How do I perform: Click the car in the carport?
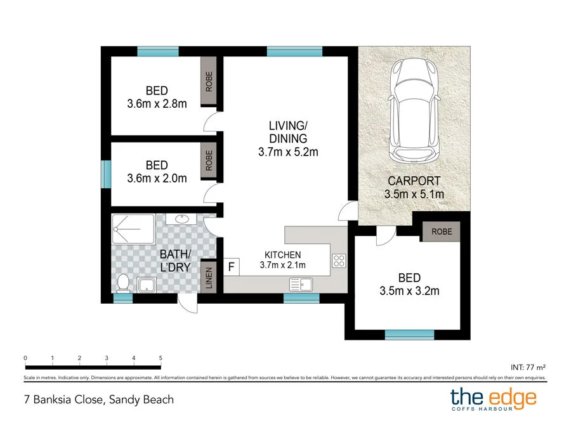[414, 110]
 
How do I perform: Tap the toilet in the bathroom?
[123, 283]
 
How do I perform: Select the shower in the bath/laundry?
[133, 229]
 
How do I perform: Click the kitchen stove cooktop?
[339, 261]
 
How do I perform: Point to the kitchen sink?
[301, 284]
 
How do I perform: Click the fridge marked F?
[231, 267]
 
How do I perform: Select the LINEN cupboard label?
[209, 277]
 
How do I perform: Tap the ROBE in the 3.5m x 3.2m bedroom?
[442, 231]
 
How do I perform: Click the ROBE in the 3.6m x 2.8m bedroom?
[209, 81]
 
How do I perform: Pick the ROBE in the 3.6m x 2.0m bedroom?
[209, 160]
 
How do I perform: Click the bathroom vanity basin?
[181, 219]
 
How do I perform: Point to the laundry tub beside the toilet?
[147, 285]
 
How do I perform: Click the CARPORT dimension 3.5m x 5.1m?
[414, 194]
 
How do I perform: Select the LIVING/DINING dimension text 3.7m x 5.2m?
[288, 152]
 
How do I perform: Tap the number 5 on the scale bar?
[161, 358]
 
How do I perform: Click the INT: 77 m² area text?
[528, 368]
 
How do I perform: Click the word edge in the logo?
[513, 398]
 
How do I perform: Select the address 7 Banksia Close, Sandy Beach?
[99, 399]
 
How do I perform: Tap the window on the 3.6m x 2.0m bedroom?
[106, 174]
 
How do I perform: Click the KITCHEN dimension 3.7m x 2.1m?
[282, 265]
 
